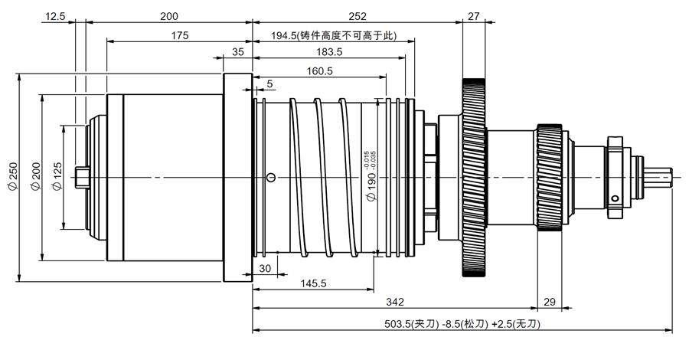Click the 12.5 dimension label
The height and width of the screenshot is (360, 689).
(55, 17)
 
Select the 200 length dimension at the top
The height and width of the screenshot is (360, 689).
(168, 17)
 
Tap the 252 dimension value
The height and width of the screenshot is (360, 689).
(358, 17)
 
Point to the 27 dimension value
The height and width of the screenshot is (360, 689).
(473, 17)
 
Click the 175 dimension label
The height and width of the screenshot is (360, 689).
(180, 35)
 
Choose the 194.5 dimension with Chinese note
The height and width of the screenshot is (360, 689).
(334, 35)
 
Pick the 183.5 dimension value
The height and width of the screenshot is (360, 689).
(329, 52)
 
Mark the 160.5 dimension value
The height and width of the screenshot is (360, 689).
(319, 70)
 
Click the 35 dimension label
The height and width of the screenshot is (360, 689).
(238, 52)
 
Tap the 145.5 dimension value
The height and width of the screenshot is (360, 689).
(313, 283)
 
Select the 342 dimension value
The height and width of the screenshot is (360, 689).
(394, 302)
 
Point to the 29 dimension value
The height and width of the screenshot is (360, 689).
(549, 302)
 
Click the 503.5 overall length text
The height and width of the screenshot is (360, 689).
(462, 325)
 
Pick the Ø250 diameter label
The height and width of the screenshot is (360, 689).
(13, 177)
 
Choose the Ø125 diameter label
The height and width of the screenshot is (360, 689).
(57, 177)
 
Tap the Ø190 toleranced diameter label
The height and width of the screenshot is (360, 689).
(371, 176)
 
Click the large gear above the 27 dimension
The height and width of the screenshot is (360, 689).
(474, 177)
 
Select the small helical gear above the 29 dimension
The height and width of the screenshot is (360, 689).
(549, 177)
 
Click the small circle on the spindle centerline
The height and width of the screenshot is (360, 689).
(271, 178)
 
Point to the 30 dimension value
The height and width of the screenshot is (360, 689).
(265, 268)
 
